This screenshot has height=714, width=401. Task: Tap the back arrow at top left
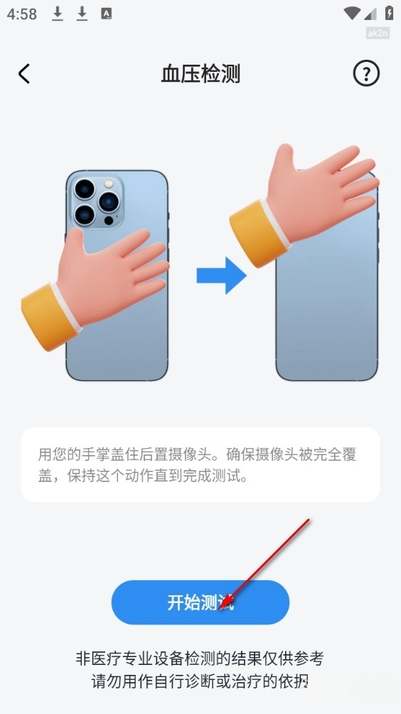[24, 73]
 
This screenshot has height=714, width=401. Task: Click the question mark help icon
[366, 73]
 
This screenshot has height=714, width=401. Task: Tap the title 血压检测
[200, 74]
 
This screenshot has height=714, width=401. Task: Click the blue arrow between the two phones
[221, 275]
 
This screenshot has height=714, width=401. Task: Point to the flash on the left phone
[108, 183]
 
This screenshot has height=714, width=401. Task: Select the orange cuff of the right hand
[259, 233]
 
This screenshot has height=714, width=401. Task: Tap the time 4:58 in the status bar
[22, 14]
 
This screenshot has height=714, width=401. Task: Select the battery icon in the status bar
[389, 13]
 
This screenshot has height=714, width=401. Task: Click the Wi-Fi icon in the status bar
[352, 14]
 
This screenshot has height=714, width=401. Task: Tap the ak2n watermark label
[378, 33]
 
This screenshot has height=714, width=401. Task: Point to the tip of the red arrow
[220, 609]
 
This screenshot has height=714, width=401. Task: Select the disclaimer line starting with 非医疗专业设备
[200, 659]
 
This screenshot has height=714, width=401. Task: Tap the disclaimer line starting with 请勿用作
[200, 682]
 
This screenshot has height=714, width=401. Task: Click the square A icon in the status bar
[107, 14]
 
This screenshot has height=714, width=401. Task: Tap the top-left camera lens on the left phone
[84, 188]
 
